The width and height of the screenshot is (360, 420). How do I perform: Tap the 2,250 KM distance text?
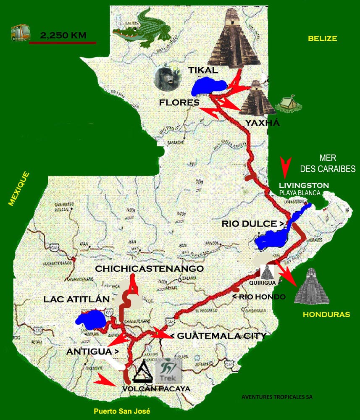coord(63,35)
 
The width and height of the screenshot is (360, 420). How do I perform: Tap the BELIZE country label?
coord(322,39)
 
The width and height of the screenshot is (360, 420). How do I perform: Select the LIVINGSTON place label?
coord(304,185)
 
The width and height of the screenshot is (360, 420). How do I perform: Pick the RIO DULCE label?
coord(252,224)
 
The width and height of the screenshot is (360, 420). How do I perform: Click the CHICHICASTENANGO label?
coord(150,268)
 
